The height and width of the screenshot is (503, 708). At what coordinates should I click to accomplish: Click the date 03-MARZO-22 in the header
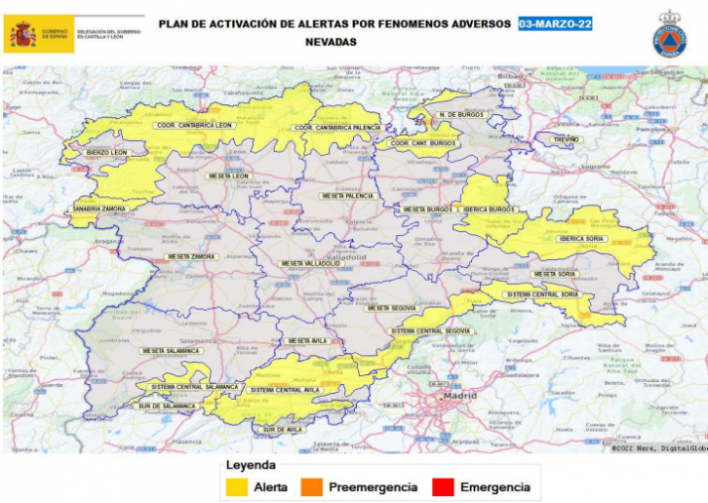(x=555, y=24)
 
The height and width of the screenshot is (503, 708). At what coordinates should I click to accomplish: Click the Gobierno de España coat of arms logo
(x=23, y=36)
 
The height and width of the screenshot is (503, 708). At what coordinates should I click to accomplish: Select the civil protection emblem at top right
(x=669, y=35)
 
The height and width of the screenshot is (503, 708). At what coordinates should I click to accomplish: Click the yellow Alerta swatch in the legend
(x=236, y=487)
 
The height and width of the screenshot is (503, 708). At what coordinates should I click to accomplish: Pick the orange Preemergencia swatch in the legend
(x=314, y=487)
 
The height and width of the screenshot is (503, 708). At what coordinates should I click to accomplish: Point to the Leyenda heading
(x=251, y=465)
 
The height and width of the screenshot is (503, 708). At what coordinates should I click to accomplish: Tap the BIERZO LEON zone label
(x=107, y=153)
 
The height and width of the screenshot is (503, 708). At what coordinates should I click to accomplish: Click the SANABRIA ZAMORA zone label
(x=99, y=209)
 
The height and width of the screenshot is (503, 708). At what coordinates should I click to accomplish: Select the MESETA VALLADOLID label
(x=310, y=263)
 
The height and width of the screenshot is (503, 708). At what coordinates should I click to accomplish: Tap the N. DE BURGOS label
(x=460, y=115)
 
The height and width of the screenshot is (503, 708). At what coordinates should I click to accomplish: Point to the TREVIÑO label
(x=565, y=140)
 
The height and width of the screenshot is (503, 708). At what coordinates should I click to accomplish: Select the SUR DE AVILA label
(x=284, y=430)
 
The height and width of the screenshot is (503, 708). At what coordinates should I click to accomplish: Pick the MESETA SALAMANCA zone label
(x=171, y=350)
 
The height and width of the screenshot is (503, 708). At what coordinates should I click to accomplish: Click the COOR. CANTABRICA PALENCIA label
(x=338, y=128)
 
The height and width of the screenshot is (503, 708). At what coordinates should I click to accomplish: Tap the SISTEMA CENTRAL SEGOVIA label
(x=430, y=330)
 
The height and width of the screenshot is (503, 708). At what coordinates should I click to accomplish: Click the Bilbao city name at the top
(x=510, y=75)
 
